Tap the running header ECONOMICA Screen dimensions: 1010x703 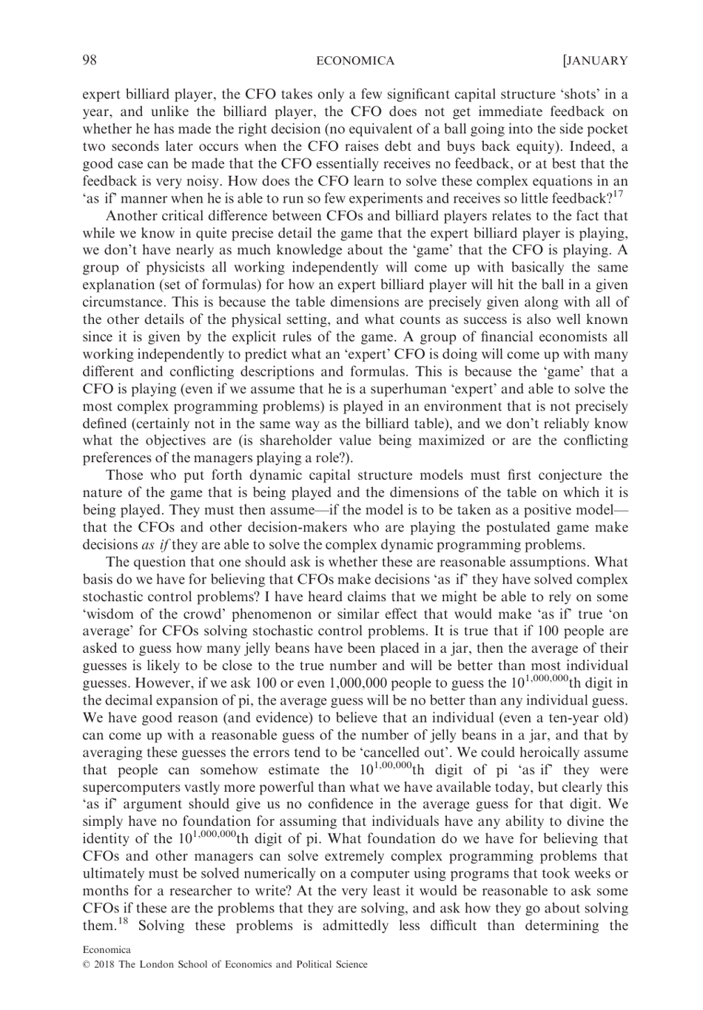point(354,61)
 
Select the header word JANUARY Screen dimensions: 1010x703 point(596,61)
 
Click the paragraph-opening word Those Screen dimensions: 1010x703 point(125,475)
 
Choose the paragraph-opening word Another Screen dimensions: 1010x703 point(132,216)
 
